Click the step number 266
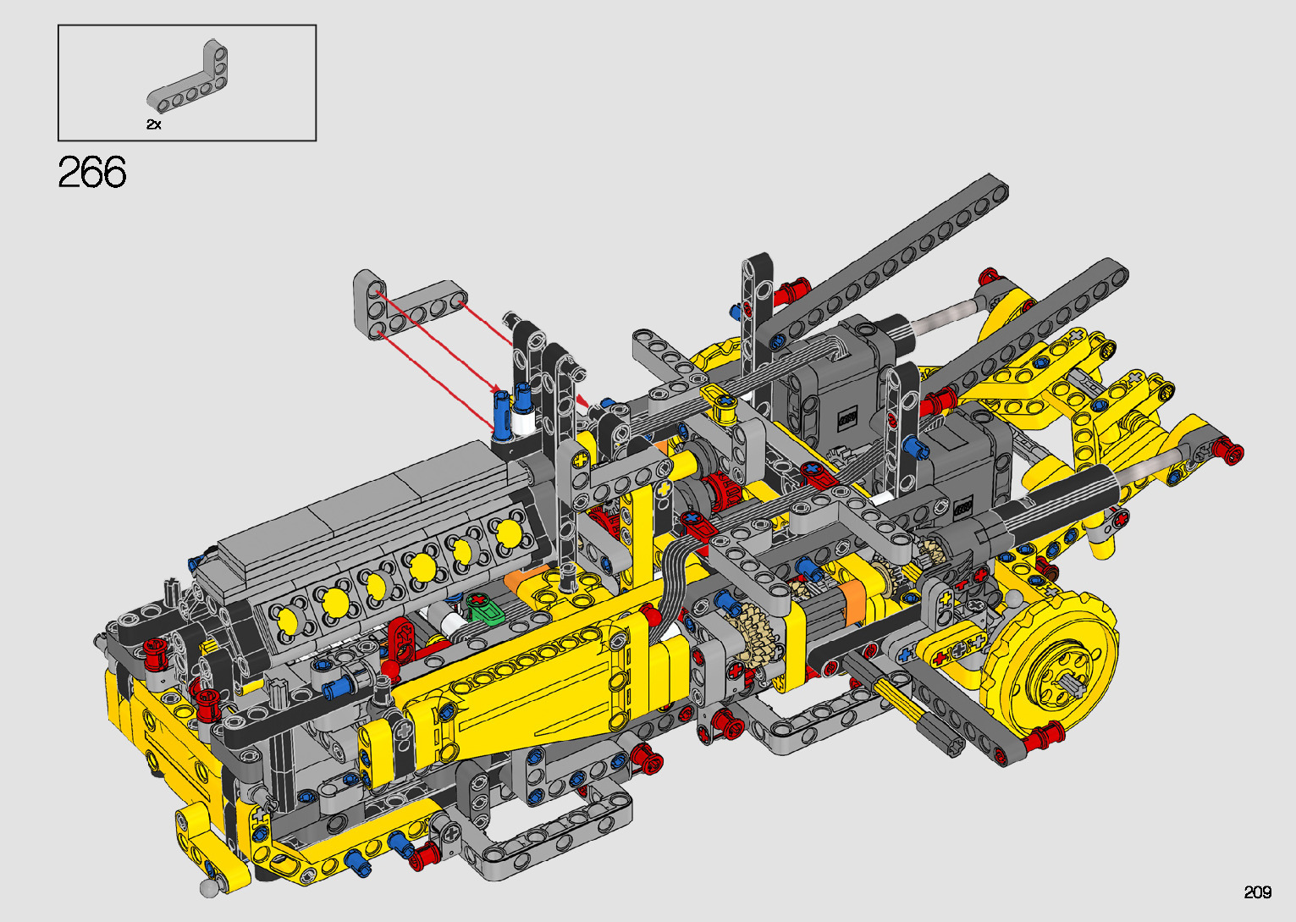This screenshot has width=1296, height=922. pos(92,172)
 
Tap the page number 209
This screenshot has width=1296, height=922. pos(1258,892)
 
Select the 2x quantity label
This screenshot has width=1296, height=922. pos(154,124)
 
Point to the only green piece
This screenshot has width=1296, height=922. pos(485,609)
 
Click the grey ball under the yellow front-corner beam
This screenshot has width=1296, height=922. pos(208,888)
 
